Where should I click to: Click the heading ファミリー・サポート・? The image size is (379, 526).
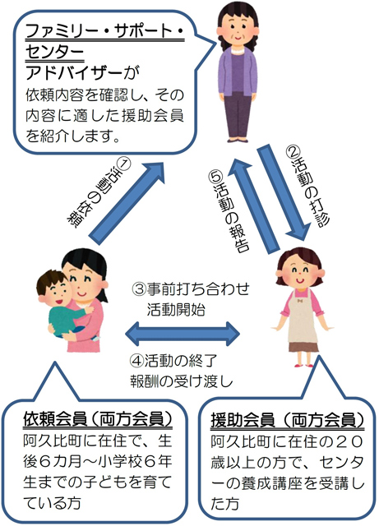pyautogui.click(x=104, y=31)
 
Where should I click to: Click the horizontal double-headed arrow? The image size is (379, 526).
pyautogui.click(x=183, y=335)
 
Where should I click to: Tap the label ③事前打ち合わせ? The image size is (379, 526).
pyautogui.click(x=191, y=289)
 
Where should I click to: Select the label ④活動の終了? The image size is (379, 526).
pyautogui.click(x=174, y=361)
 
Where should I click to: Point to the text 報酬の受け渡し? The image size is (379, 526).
pyautogui.click(x=181, y=381)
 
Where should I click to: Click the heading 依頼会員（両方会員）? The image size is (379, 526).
pyautogui.click(x=98, y=419)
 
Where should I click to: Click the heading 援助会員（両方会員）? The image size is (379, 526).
pyautogui.click(x=288, y=420)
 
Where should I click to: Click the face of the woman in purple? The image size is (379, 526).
pyautogui.click(x=238, y=30)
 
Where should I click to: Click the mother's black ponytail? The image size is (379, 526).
pyautogui.click(x=104, y=285)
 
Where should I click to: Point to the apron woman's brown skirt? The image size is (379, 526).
pyautogui.click(x=303, y=347)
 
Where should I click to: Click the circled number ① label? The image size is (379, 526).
pyautogui.click(x=123, y=164)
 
